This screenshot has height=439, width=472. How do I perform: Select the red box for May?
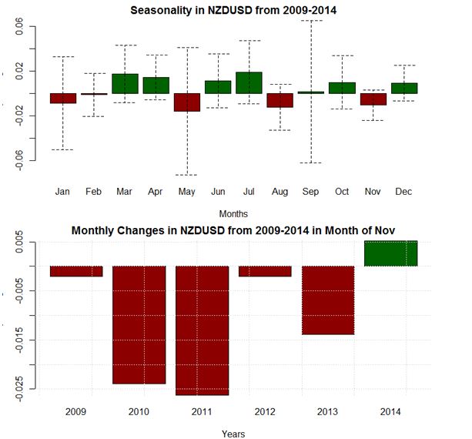(x=186, y=102)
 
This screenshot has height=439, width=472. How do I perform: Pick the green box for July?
(x=249, y=82)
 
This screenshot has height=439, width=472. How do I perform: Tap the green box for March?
(x=125, y=83)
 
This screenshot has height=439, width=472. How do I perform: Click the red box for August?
(x=280, y=100)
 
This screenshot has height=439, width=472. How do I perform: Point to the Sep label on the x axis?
(x=310, y=191)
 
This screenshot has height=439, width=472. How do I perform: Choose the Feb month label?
(x=94, y=191)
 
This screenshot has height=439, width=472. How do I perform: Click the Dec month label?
(x=403, y=191)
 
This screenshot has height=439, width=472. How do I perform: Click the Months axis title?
(x=233, y=213)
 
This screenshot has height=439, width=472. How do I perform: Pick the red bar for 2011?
(x=202, y=330)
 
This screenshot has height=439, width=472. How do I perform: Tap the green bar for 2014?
(x=390, y=253)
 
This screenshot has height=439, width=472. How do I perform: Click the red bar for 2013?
(x=328, y=300)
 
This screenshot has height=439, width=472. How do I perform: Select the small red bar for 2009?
(x=76, y=271)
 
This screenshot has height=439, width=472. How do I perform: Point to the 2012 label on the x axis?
(x=265, y=412)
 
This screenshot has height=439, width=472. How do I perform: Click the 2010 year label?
(x=139, y=412)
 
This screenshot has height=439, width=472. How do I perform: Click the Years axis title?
(x=233, y=434)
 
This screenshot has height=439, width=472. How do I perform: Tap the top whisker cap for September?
(x=310, y=21)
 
